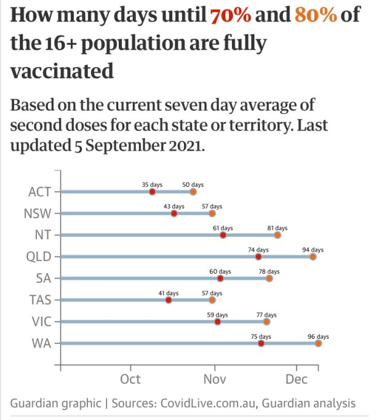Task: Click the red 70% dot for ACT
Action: [152, 192]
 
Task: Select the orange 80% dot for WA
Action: [318, 344]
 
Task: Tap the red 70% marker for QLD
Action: [258, 256]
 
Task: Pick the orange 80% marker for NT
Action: [277, 235]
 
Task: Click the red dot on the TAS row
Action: [169, 300]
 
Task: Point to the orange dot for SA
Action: [269, 279]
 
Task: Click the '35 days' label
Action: [152, 184]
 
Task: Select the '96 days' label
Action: [318, 336]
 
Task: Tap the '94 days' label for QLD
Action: [313, 250]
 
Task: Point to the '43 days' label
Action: [174, 206]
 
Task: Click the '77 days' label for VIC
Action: [266, 315]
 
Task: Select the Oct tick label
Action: [130, 379]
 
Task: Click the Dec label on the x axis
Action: [297, 379]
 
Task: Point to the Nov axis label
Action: [215, 379]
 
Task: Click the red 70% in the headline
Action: [231, 15]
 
